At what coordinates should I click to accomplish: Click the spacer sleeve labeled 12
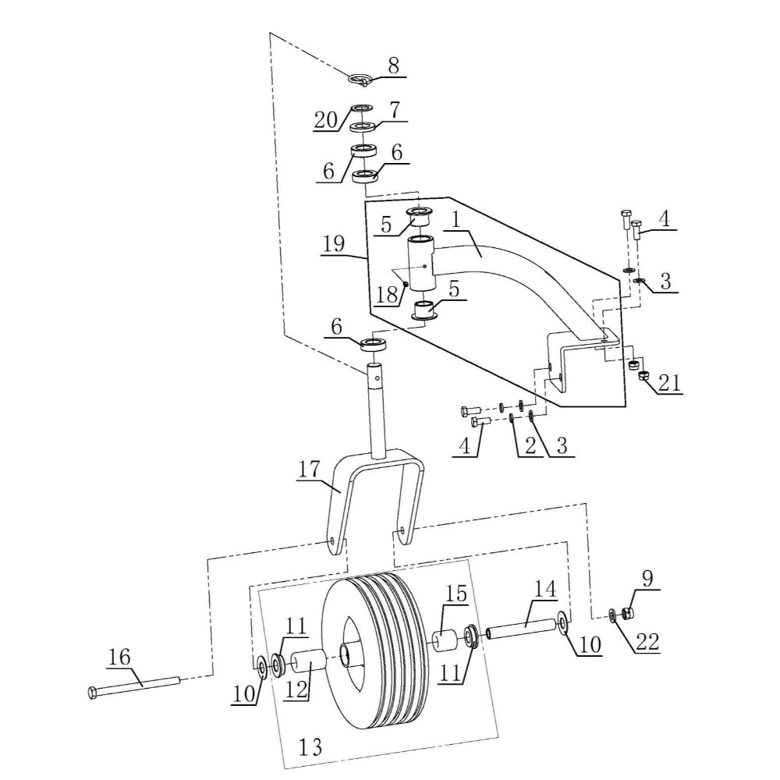click(308, 666)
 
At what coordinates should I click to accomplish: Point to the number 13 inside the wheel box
click(310, 747)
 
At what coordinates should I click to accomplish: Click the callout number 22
click(647, 641)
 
